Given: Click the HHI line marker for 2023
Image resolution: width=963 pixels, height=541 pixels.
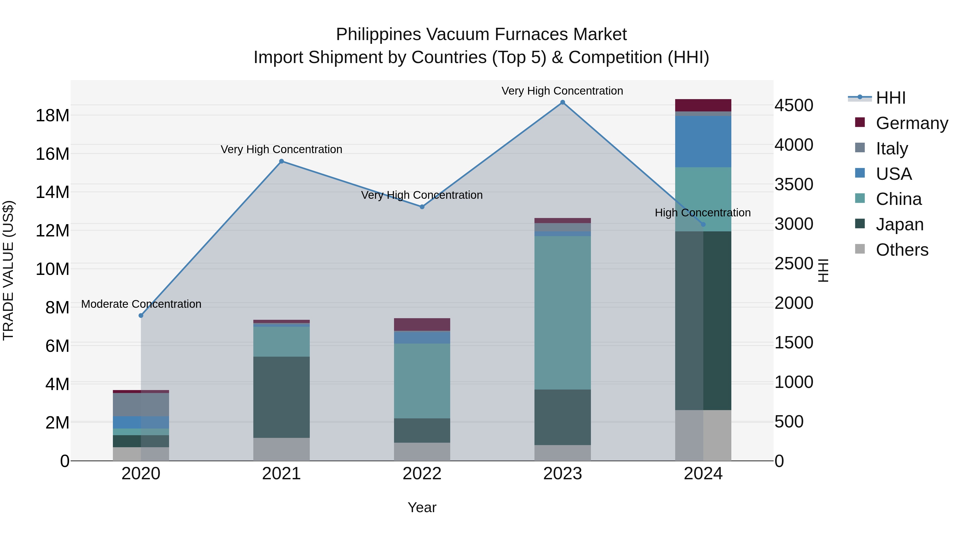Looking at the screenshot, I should click(562, 102).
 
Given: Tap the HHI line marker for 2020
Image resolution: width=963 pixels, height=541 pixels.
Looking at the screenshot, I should click(141, 316).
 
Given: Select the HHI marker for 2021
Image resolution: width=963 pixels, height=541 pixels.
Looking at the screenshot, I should click(281, 161).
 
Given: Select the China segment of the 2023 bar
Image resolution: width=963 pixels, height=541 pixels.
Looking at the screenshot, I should click(562, 313).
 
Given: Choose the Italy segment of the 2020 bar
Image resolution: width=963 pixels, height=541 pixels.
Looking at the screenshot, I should click(141, 404).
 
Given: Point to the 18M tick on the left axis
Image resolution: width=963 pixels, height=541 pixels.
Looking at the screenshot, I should click(52, 115).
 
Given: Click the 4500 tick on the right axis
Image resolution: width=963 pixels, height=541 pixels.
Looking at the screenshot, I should click(794, 105).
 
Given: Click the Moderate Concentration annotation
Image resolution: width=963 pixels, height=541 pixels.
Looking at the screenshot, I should click(141, 304).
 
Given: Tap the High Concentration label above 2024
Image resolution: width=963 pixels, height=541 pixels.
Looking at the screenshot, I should click(702, 213).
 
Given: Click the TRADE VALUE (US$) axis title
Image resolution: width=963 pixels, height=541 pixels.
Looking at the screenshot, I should click(8, 270).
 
